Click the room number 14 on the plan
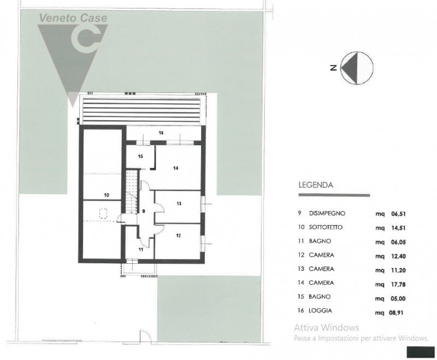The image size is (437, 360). coord(175,168)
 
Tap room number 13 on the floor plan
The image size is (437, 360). coord(179,204)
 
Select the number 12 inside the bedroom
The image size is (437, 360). coord(179,235)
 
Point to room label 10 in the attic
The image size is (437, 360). coord(107,195)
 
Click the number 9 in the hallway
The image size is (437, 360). coord(144,211)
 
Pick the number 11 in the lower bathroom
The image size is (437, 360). coord(141,250)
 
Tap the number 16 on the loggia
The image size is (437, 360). coord(161,133)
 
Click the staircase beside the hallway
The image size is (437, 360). coord(132,192)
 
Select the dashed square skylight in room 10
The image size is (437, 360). coord(103,213)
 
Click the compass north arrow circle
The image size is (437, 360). coord(357,68)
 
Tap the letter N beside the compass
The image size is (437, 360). coord(333,68)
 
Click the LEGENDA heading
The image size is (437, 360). coord(316,185)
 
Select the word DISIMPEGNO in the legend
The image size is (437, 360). coord(327,214)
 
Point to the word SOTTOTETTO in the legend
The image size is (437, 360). coord(326,227)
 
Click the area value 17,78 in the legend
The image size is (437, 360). coord(398,285)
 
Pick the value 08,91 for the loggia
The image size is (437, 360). coord(396,313)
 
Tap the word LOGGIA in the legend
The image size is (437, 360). coord(320,310)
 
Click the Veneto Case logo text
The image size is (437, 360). coord(73,18)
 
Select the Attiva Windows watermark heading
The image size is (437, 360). coord(326,327)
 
